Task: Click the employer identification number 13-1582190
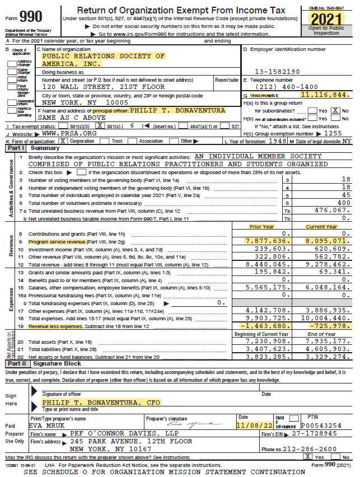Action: point(277,72)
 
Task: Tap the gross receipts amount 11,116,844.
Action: point(325,95)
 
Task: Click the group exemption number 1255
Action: point(333,134)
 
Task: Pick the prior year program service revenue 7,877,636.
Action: point(267,240)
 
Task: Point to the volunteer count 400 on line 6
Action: point(342,202)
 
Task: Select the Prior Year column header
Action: point(262,227)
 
